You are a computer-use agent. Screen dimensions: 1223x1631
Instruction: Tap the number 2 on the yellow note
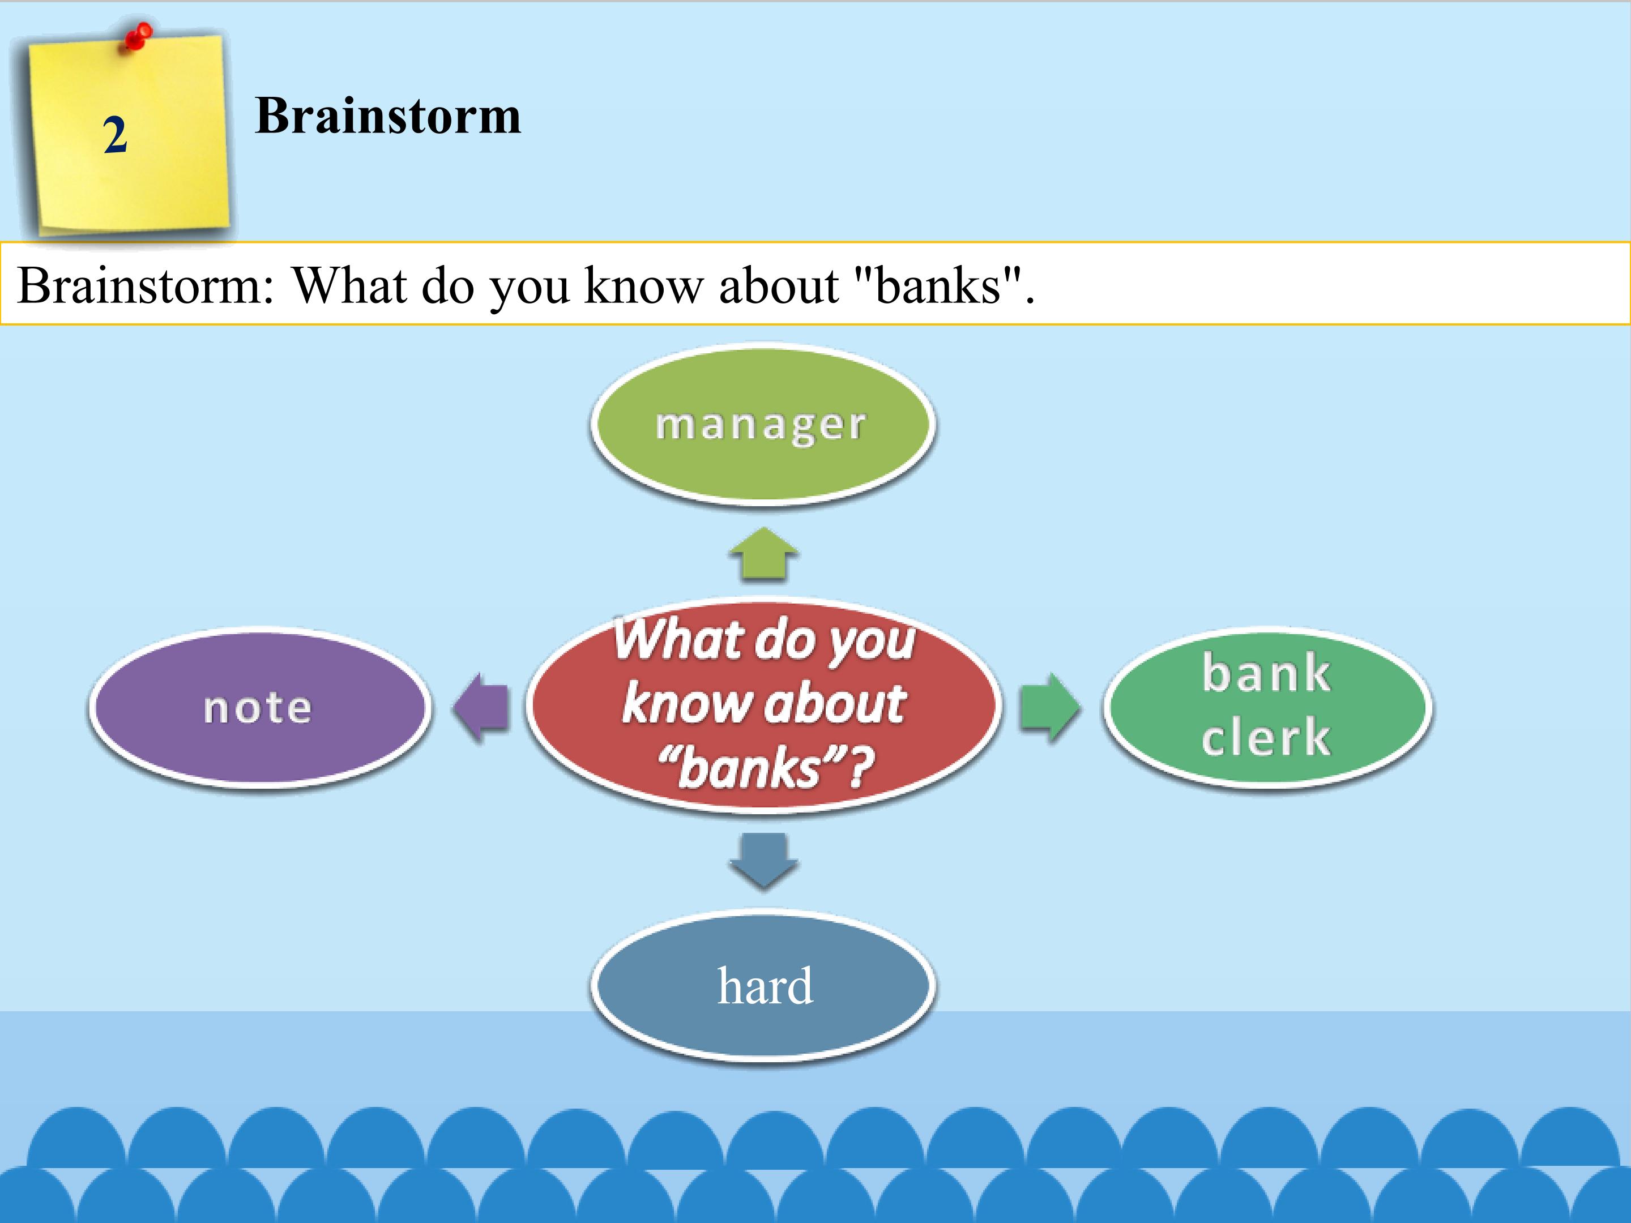[x=115, y=136]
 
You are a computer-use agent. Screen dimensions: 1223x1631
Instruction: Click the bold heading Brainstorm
[x=388, y=117]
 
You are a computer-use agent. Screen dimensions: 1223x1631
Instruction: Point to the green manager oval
[x=762, y=425]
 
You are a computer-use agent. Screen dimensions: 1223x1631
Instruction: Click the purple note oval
[x=258, y=708]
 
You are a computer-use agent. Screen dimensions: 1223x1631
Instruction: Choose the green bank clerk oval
[x=1267, y=708]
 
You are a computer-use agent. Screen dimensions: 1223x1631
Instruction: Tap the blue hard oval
[x=764, y=986]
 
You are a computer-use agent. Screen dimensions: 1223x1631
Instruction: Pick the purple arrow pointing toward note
[x=481, y=708]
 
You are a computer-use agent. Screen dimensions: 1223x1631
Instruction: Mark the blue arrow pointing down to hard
[x=764, y=859]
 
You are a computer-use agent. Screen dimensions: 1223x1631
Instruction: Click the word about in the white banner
[x=778, y=285]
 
